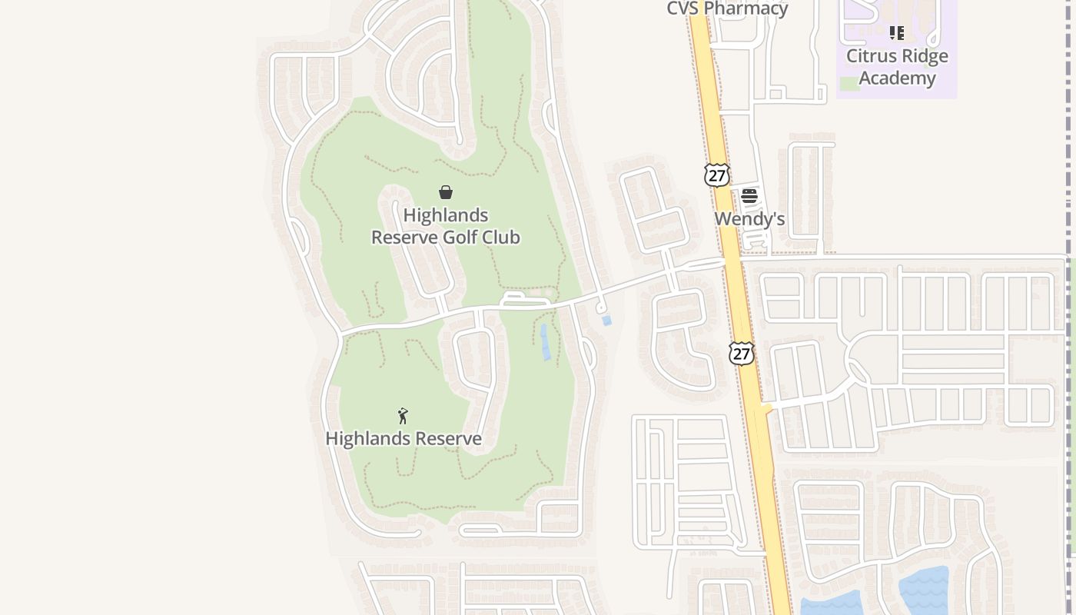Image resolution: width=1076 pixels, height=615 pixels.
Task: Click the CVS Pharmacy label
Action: pyautogui.click(x=726, y=8)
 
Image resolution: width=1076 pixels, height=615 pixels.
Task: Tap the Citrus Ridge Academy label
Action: pyautogui.click(x=897, y=67)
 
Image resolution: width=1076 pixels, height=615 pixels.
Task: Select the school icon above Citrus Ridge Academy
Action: pyautogui.click(x=896, y=33)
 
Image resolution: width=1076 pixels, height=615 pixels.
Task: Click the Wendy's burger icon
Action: pyautogui.click(x=749, y=196)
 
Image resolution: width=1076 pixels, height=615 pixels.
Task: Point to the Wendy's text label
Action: pyautogui.click(x=749, y=219)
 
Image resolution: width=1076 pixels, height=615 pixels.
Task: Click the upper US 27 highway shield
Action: pyautogui.click(x=716, y=175)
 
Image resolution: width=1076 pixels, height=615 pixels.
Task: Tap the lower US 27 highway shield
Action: pyautogui.click(x=741, y=354)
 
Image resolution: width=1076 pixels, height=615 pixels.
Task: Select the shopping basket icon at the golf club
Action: pyautogui.click(x=446, y=192)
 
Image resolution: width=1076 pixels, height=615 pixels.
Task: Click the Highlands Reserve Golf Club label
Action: pyautogui.click(x=446, y=226)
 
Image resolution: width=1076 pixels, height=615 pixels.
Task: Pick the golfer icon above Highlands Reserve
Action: pyautogui.click(x=403, y=416)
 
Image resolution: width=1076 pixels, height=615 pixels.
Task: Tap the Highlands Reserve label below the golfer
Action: pyautogui.click(x=403, y=439)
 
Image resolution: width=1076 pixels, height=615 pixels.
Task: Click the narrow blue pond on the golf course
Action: pyautogui.click(x=545, y=342)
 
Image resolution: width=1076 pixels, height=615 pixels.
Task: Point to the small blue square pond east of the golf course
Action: pyautogui.click(x=606, y=321)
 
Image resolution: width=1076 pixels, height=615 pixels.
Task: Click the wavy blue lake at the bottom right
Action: pyautogui.click(x=923, y=590)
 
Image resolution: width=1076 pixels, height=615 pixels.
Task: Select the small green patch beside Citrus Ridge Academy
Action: pyautogui.click(x=849, y=84)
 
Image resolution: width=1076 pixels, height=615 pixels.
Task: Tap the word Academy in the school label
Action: pyautogui.click(x=897, y=78)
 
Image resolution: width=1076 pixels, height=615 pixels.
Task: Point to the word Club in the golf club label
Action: pyautogui.click(x=501, y=238)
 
